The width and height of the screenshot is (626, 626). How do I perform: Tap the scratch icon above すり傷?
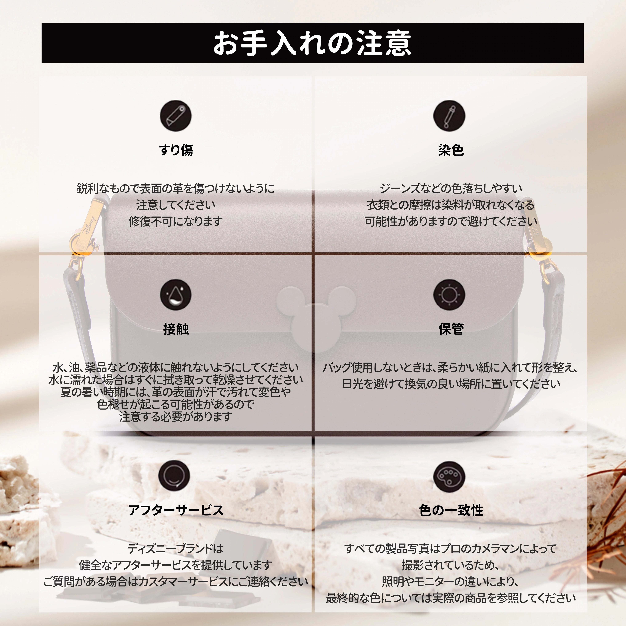pyautogui.click(x=176, y=116)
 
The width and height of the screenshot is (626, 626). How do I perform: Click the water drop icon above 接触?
pyautogui.click(x=176, y=295)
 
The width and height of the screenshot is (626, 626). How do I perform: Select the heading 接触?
pyautogui.click(x=176, y=329)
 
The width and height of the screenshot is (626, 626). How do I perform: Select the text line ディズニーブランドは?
pyautogui.click(x=176, y=549)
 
